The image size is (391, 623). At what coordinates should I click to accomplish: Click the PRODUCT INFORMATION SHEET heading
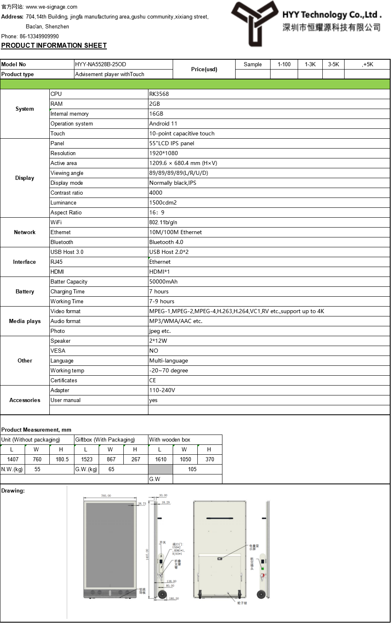(x=54, y=45)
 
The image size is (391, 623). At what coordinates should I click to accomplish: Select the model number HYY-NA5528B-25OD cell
(x=101, y=64)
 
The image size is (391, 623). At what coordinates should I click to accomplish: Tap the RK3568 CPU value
(x=159, y=94)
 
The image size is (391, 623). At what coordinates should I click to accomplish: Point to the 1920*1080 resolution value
(x=164, y=153)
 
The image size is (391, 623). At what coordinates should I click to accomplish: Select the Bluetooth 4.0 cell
(x=166, y=242)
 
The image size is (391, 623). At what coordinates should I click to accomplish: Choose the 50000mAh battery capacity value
(x=163, y=281)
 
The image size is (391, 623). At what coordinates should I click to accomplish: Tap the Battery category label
(x=25, y=291)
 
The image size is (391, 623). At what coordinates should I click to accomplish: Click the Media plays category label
(x=25, y=321)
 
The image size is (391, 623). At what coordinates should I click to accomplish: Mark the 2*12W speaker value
(x=158, y=341)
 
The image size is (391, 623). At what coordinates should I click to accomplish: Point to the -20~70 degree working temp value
(x=169, y=370)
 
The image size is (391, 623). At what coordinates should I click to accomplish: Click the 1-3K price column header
(x=310, y=64)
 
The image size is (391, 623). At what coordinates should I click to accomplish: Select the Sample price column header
(x=252, y=64)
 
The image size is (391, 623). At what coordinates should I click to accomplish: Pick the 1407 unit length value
(x=13, y=459)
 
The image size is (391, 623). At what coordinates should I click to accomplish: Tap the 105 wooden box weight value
(x=192, y=469)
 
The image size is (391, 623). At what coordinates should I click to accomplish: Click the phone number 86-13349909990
(x=39, y=36)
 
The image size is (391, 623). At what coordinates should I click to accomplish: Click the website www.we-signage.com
(x=51, y=7)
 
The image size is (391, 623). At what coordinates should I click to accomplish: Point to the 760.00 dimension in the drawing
(x=106, y=495)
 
